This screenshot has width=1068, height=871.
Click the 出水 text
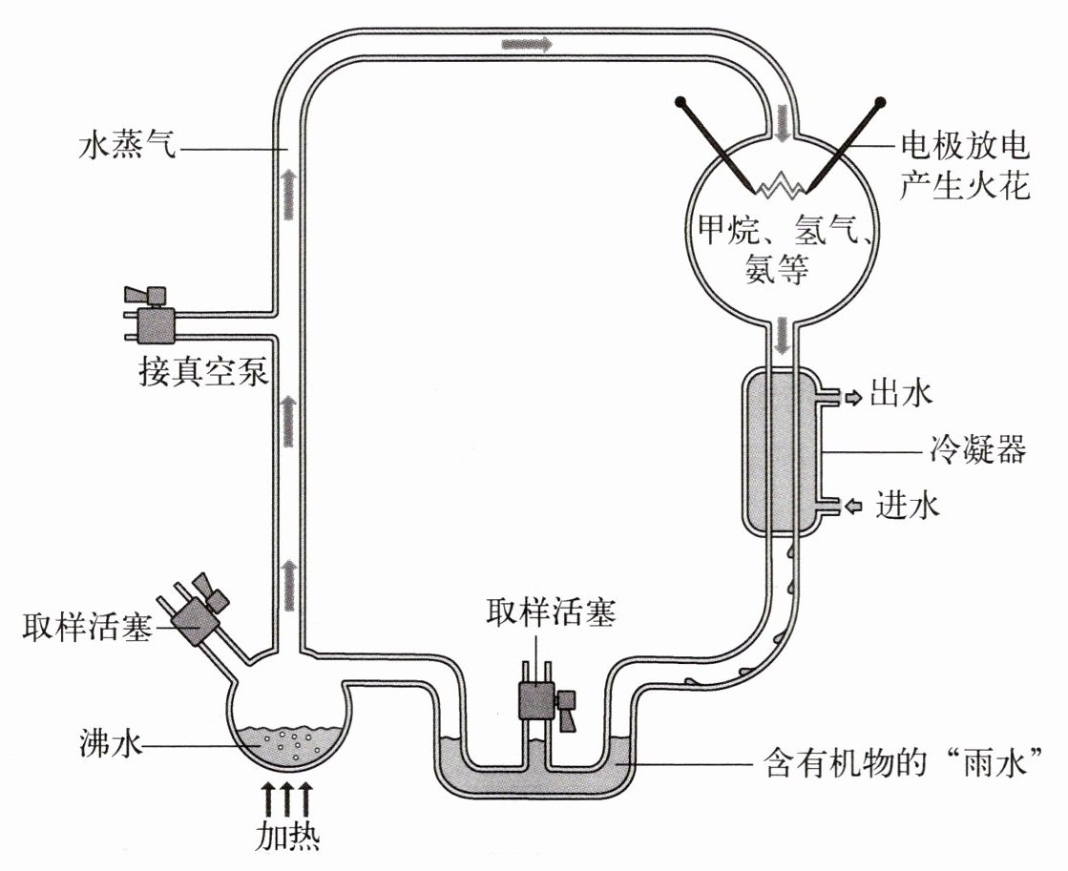901,393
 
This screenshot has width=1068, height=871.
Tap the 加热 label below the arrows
286,835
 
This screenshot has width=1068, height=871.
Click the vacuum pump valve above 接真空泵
153,319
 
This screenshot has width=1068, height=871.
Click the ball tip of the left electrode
681,100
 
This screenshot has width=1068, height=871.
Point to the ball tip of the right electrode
879,100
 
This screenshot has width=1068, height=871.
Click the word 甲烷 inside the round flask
722,230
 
